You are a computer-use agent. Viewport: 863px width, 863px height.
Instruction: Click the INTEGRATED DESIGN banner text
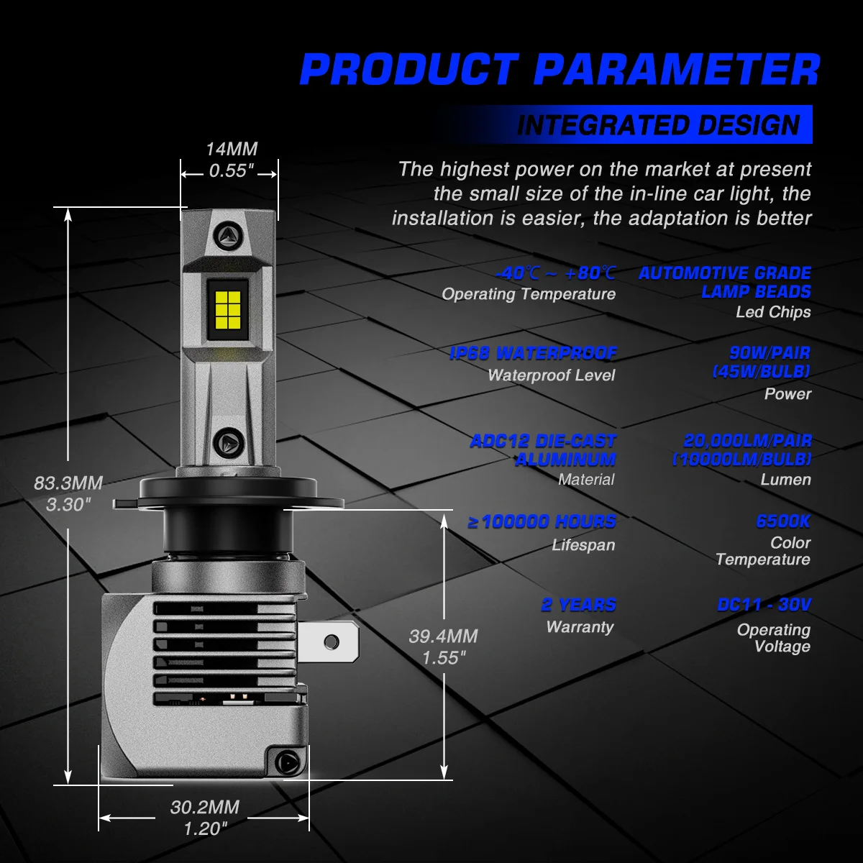point(658,125)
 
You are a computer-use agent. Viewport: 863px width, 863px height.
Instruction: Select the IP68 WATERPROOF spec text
point(533,353)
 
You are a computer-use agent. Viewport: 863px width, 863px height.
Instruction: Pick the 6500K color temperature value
point(783,521)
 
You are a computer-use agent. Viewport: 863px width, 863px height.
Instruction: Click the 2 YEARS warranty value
point(579,605)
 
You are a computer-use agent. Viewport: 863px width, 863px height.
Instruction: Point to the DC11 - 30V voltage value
point(764,605)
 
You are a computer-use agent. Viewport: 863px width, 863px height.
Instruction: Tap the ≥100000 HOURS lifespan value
point(542,521)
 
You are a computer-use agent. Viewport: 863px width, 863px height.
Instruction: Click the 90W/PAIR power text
point(770,353)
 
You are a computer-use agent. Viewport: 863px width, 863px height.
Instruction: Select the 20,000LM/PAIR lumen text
point(747,441)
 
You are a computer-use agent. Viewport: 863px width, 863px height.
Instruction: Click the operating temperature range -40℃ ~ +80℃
point(556,273)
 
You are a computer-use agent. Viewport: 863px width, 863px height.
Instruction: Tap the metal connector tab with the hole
point(328,641)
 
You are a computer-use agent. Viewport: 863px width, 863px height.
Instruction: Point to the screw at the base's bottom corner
point(286,762)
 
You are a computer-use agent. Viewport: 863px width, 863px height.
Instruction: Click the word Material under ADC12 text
point(586,480)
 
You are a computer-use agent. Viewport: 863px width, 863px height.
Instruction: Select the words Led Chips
point(773,311)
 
